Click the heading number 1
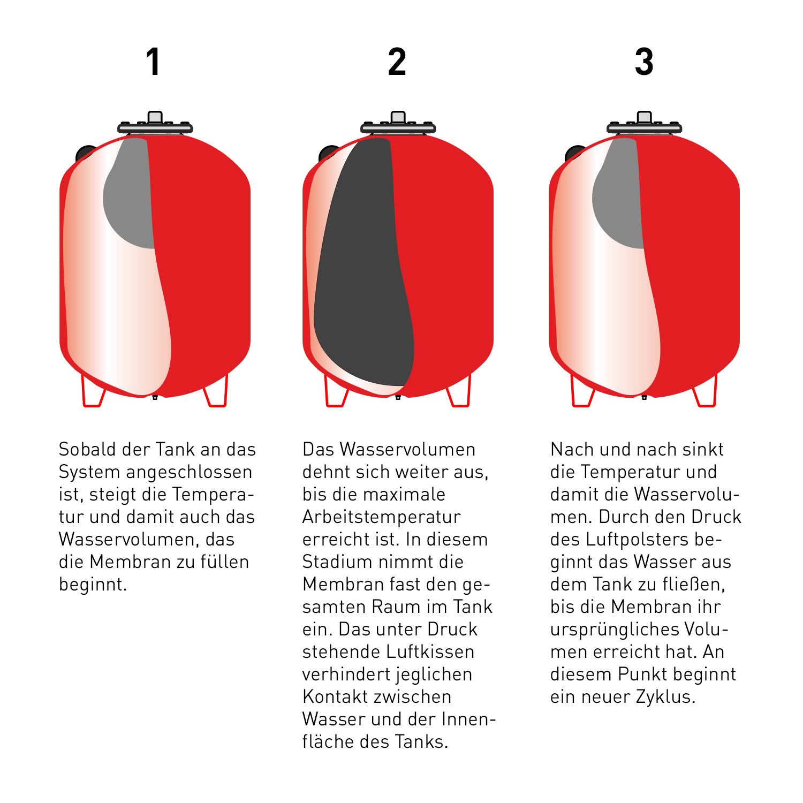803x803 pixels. pos(154,62)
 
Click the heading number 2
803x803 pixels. pos(397,62)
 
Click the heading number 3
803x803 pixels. pos(644,62)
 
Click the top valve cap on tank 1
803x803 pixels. pos(155,117)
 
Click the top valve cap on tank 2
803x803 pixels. pos(398,117)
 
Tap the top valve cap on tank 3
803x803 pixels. pos(644,117)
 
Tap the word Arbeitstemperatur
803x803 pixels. pos(381,517)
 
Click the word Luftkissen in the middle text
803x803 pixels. pos(430,652)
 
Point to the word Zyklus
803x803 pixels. pos(665,697)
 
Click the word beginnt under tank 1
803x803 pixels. pos(93,584)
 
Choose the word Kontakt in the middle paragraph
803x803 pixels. pos(335,696)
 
